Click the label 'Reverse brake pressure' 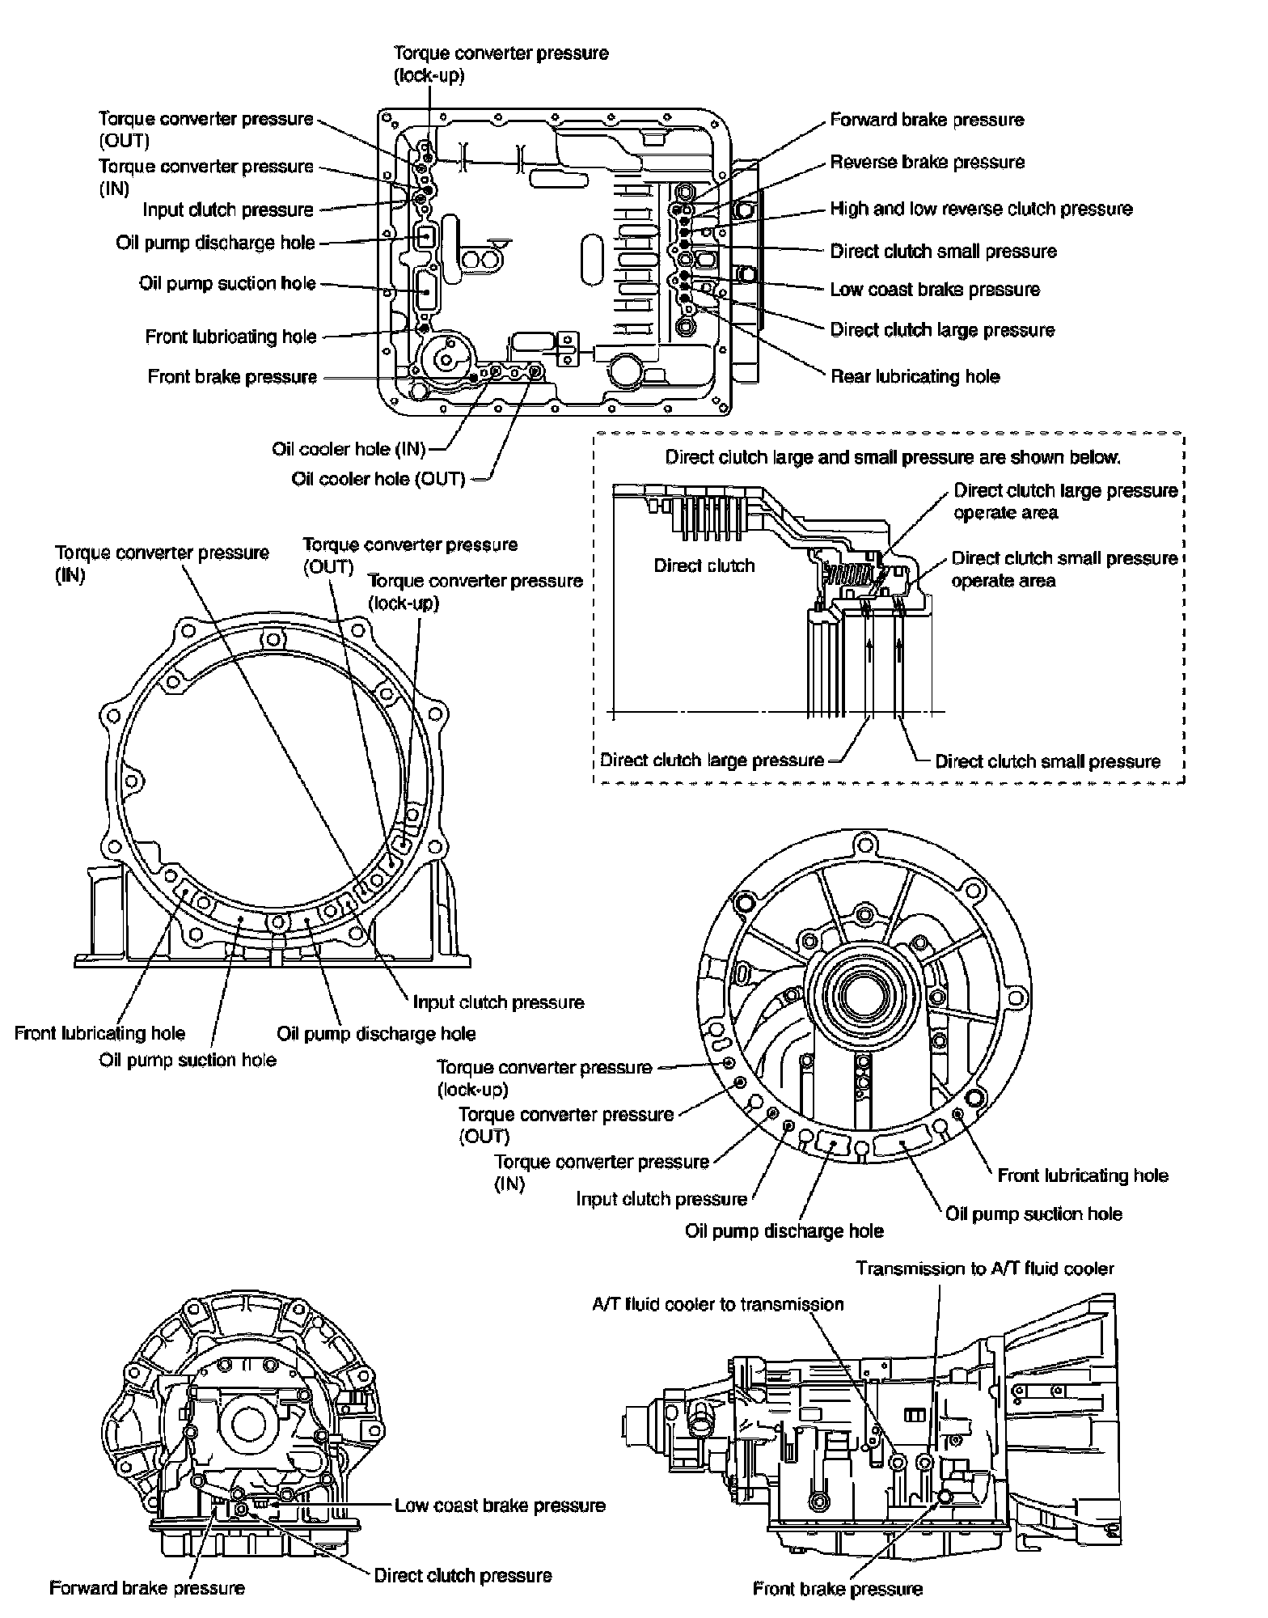point(927,162)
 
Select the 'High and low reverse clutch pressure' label point(981,209)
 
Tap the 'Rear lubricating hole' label point(915,376)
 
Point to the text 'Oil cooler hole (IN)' point(349,449)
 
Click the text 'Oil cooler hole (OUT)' point(378,479)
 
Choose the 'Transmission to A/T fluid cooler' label point(985,1268)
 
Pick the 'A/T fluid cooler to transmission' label point(717,1304)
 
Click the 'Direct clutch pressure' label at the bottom point(463,1575)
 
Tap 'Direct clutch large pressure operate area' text point(1065,502)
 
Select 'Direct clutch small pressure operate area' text point(1064,569)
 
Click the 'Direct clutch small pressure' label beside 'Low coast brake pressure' point(943,251)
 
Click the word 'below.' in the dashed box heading point(1097,457)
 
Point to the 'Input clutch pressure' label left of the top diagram point(228,210)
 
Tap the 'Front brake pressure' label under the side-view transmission point(837,1589)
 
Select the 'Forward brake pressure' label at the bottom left point(146,1587)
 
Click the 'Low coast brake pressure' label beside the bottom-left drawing point(500,1505)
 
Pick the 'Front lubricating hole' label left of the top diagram point(230,337)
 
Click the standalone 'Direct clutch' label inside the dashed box point(704,565)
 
